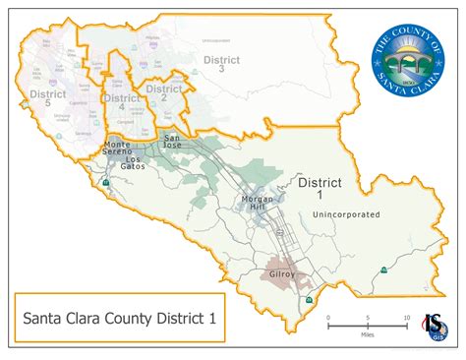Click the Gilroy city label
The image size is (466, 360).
[x=281, y=274]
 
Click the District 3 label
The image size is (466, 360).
[x=221, y=65]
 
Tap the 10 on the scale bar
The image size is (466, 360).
[x=407, y=320]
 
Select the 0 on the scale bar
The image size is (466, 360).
[x=329, y=320]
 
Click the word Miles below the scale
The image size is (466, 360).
[x=368, y=335]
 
